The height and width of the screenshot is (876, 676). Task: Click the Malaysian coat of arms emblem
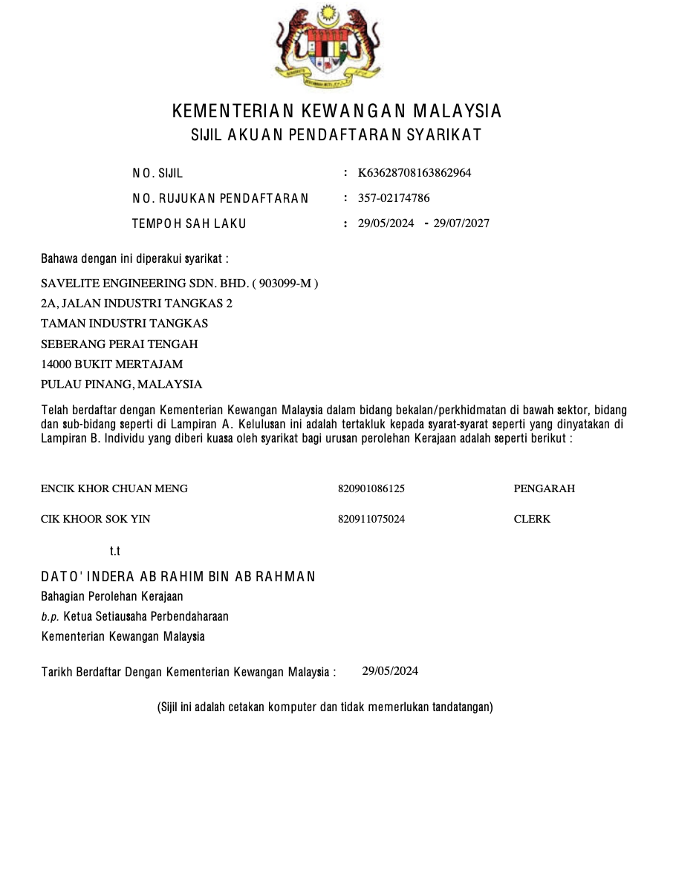point(327,46)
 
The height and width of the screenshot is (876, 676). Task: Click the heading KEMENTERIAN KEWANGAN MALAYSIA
point(337,111)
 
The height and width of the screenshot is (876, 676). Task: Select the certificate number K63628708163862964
point(415,173)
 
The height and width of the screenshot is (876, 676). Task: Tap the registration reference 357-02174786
point(394,198)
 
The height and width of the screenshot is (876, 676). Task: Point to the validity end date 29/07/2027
point(461,223)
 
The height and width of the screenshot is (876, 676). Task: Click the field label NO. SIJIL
point(157,174)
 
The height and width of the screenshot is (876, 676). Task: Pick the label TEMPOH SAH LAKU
point(189,223)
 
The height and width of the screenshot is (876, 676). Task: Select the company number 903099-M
point(286,283)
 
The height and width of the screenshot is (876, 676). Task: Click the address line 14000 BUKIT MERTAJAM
point(111,364)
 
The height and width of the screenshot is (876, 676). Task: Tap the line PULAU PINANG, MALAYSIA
point(121,385)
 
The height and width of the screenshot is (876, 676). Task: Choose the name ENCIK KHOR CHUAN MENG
point(114,488)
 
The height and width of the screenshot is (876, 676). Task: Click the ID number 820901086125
point(371,488)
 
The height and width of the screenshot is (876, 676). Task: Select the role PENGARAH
point(544,488)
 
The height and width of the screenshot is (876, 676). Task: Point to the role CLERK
point(532,519)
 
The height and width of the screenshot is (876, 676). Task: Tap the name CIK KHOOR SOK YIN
point(95,519)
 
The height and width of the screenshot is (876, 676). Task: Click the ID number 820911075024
point(371,519)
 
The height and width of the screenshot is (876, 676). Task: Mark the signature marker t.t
point(114,552)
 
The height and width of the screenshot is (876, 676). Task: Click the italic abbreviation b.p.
point(50,617)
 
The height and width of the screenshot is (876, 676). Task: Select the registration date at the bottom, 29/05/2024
point(390,671)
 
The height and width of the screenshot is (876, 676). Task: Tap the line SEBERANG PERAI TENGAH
point(119,344)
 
